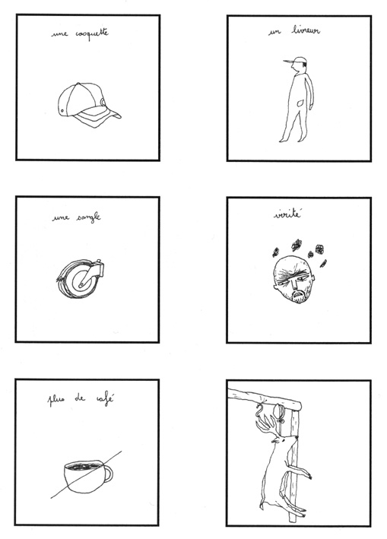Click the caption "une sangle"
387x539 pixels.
tap(78, 219)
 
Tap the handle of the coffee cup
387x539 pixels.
tap(107, 474)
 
